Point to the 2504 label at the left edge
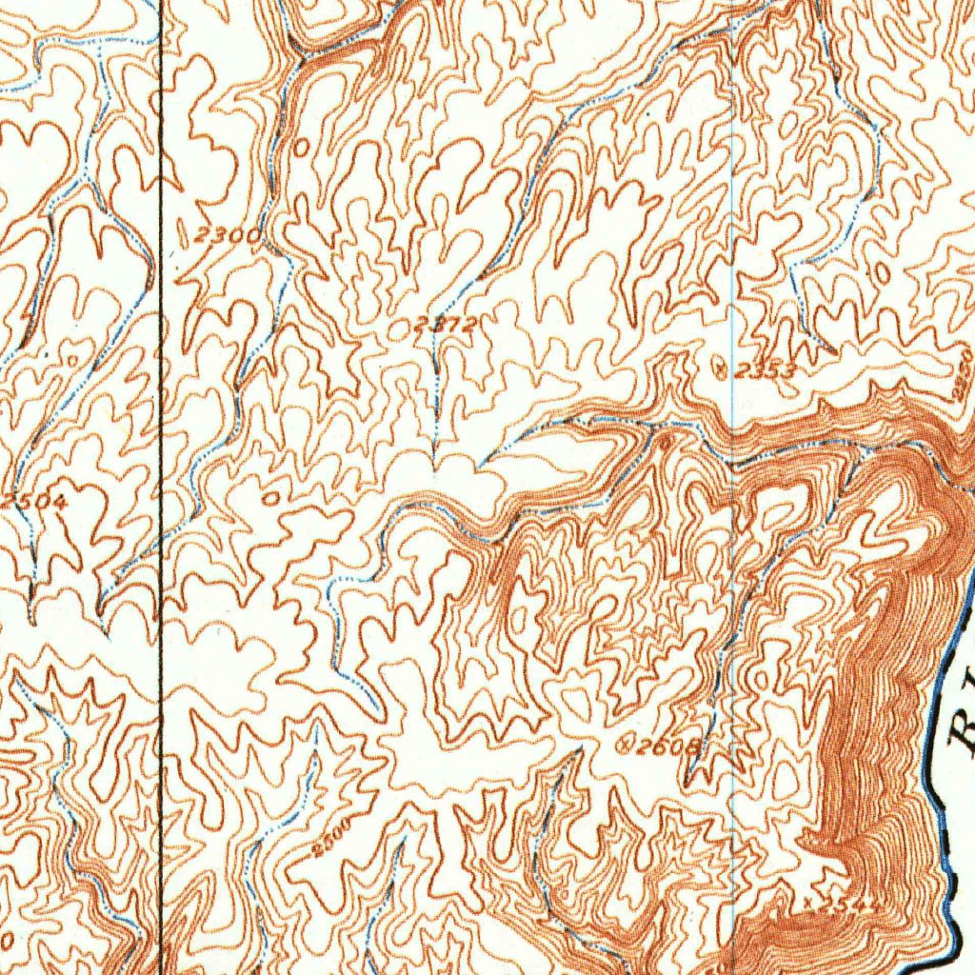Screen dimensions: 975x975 [x=34, y=501]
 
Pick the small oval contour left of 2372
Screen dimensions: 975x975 [x=398, y=330]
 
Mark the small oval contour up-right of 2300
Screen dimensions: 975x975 [x=302, y=147]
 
